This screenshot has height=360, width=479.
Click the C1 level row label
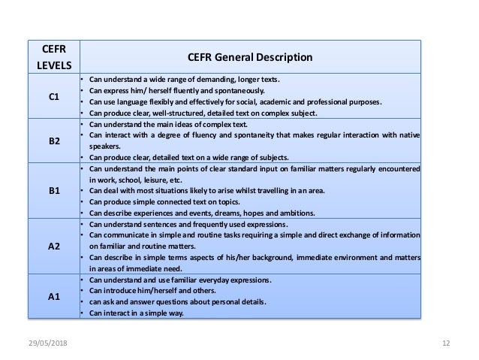[x=55, y=96]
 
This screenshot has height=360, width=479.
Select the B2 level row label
[x=55, y=141]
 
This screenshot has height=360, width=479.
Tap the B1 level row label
[x=55, y=191]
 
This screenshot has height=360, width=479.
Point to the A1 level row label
[x=55, y=297]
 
